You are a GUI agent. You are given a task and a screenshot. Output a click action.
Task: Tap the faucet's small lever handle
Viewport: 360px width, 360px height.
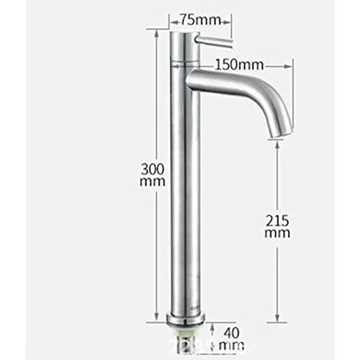click(209, 38)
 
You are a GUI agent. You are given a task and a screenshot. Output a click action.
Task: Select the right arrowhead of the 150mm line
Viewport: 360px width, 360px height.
click(292, 67)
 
